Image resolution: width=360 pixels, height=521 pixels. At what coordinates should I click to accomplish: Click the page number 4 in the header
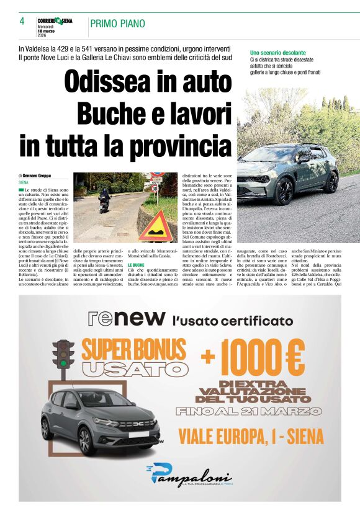(x=22, y=21)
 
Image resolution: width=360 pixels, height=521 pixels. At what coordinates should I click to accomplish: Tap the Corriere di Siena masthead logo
(x=55, y=20)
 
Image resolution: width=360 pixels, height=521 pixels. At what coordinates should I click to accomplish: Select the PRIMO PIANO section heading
(x=118, y=24)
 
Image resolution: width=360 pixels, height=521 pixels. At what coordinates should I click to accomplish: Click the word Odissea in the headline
(x=114, y=82)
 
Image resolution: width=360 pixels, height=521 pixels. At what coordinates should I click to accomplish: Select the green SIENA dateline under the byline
(x=24, y=183)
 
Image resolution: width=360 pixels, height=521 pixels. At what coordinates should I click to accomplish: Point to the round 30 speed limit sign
(x=155, y=188)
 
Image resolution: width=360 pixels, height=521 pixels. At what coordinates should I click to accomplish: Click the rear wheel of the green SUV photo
(x=285, y=192)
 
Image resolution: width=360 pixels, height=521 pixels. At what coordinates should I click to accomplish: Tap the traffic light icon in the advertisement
(x=62, y=360)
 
